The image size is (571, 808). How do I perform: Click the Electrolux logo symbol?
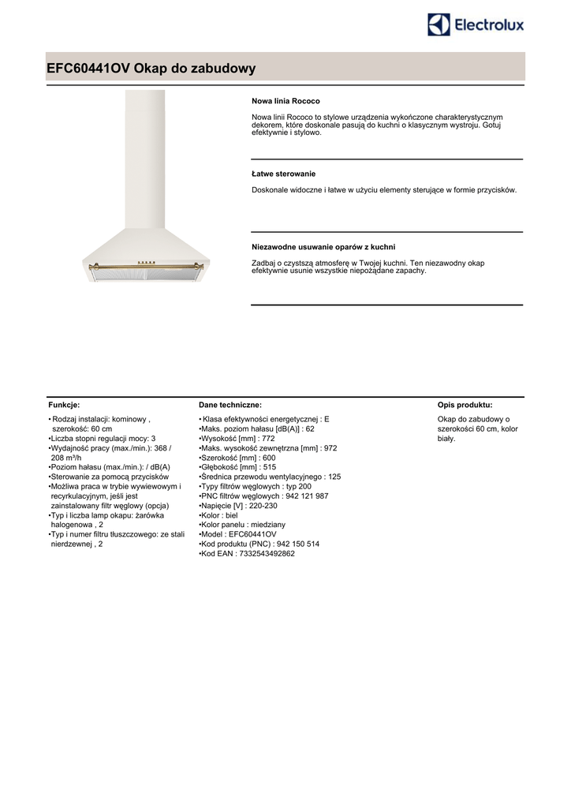click(439, 24)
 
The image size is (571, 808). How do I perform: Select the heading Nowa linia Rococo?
click(285, 102)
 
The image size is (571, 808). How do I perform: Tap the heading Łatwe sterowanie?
click(283, 174)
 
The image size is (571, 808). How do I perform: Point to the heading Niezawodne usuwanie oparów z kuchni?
click(323, 247)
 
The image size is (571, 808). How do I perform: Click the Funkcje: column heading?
click(64, 404)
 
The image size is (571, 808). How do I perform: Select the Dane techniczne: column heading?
click(230, 404)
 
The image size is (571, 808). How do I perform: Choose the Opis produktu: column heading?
click(465, 404)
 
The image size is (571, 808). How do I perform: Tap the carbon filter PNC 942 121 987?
click(302, 496)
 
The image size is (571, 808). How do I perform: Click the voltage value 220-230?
click(263, 506)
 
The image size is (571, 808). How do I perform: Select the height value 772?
click(267, 439)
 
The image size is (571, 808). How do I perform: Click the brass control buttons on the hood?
click(146, 263)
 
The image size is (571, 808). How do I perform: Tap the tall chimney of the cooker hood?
click(146, 158)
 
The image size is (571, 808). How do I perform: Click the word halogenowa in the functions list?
click(73, 525)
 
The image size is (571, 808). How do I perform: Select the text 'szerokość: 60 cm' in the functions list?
click(82, 429)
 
